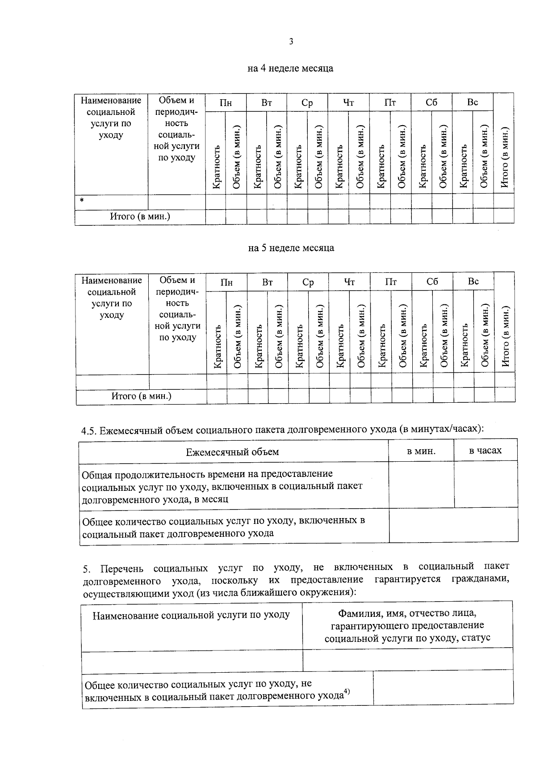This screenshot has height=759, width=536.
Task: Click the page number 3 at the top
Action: coord(291,42)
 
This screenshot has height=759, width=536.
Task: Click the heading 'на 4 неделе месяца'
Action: coord(290,68)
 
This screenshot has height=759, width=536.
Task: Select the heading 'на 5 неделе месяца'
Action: coord(291,248)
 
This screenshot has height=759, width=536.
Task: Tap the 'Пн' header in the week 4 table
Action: coord(226,102)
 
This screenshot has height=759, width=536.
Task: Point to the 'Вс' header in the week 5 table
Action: coord(473,282)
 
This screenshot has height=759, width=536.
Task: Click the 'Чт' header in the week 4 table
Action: coord(348,102)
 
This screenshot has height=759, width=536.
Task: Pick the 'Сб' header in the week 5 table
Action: coord(432,282)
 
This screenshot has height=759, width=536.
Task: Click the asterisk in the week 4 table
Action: coord(82,200)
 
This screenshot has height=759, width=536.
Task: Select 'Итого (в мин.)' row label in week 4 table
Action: coord(140,216)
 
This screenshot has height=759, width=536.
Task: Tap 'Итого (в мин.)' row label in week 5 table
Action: coord(142,396)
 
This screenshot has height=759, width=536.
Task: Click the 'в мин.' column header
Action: coord(421,451)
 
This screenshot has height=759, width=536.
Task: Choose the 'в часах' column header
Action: coord(486,451)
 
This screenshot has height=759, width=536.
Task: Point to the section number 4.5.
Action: coord(88,431)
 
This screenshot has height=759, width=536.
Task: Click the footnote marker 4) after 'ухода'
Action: coord(347,693)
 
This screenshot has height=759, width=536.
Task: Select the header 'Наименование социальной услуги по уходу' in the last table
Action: coord(191,616)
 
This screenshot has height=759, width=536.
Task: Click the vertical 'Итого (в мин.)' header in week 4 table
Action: coord(504,159)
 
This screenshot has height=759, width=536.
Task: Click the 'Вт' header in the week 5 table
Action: coord(268,282)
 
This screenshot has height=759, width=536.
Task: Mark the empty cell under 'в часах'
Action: coord(486,485)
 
